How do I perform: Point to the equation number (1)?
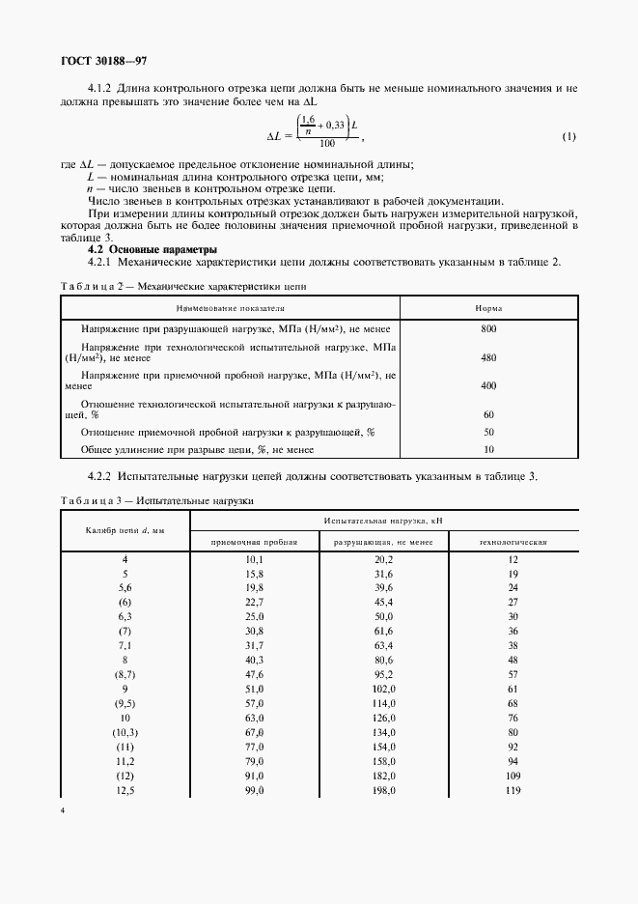[569, 135]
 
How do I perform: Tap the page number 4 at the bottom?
[62, 810]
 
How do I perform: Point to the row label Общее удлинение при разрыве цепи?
[198, 449]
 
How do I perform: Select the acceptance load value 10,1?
[255, 559]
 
